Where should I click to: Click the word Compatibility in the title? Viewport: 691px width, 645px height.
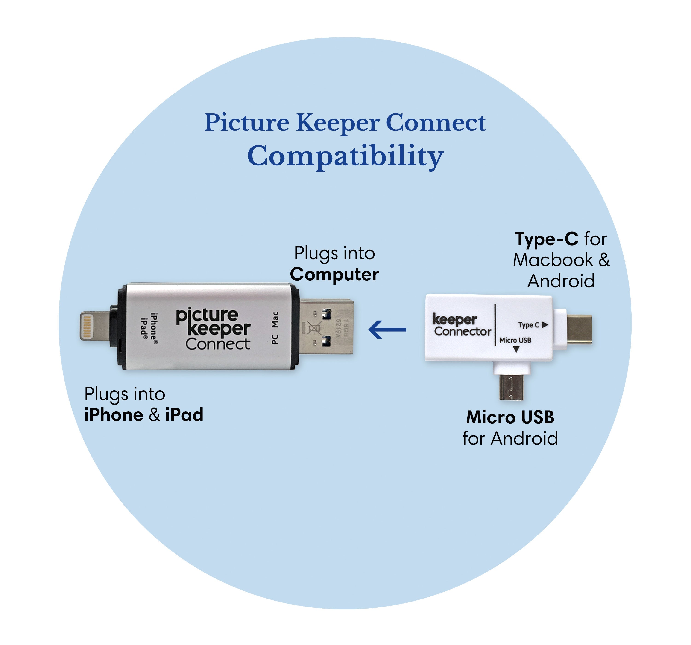pyautogui.click(x=345, y=156)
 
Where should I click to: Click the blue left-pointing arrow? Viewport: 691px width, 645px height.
pyautogui.click(x=387, y=329)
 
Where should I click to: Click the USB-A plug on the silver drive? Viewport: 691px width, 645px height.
pyautogui.click(x=326, y=327)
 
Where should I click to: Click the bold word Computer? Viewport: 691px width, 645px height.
pyautogui.click(x=334, y=274)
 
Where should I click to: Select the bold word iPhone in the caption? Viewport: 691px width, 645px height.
pyautogui.click(x=114, y=415)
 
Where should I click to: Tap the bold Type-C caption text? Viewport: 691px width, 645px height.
pyautogui.click(x=546, y=239)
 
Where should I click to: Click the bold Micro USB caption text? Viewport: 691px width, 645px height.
pyautogui.click(x=510, y=417)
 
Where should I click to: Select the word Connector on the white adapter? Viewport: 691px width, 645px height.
pyautogui.click(x=462, y=331)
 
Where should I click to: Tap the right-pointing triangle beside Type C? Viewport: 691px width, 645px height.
pyautogui.click(x=545, y=324)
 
